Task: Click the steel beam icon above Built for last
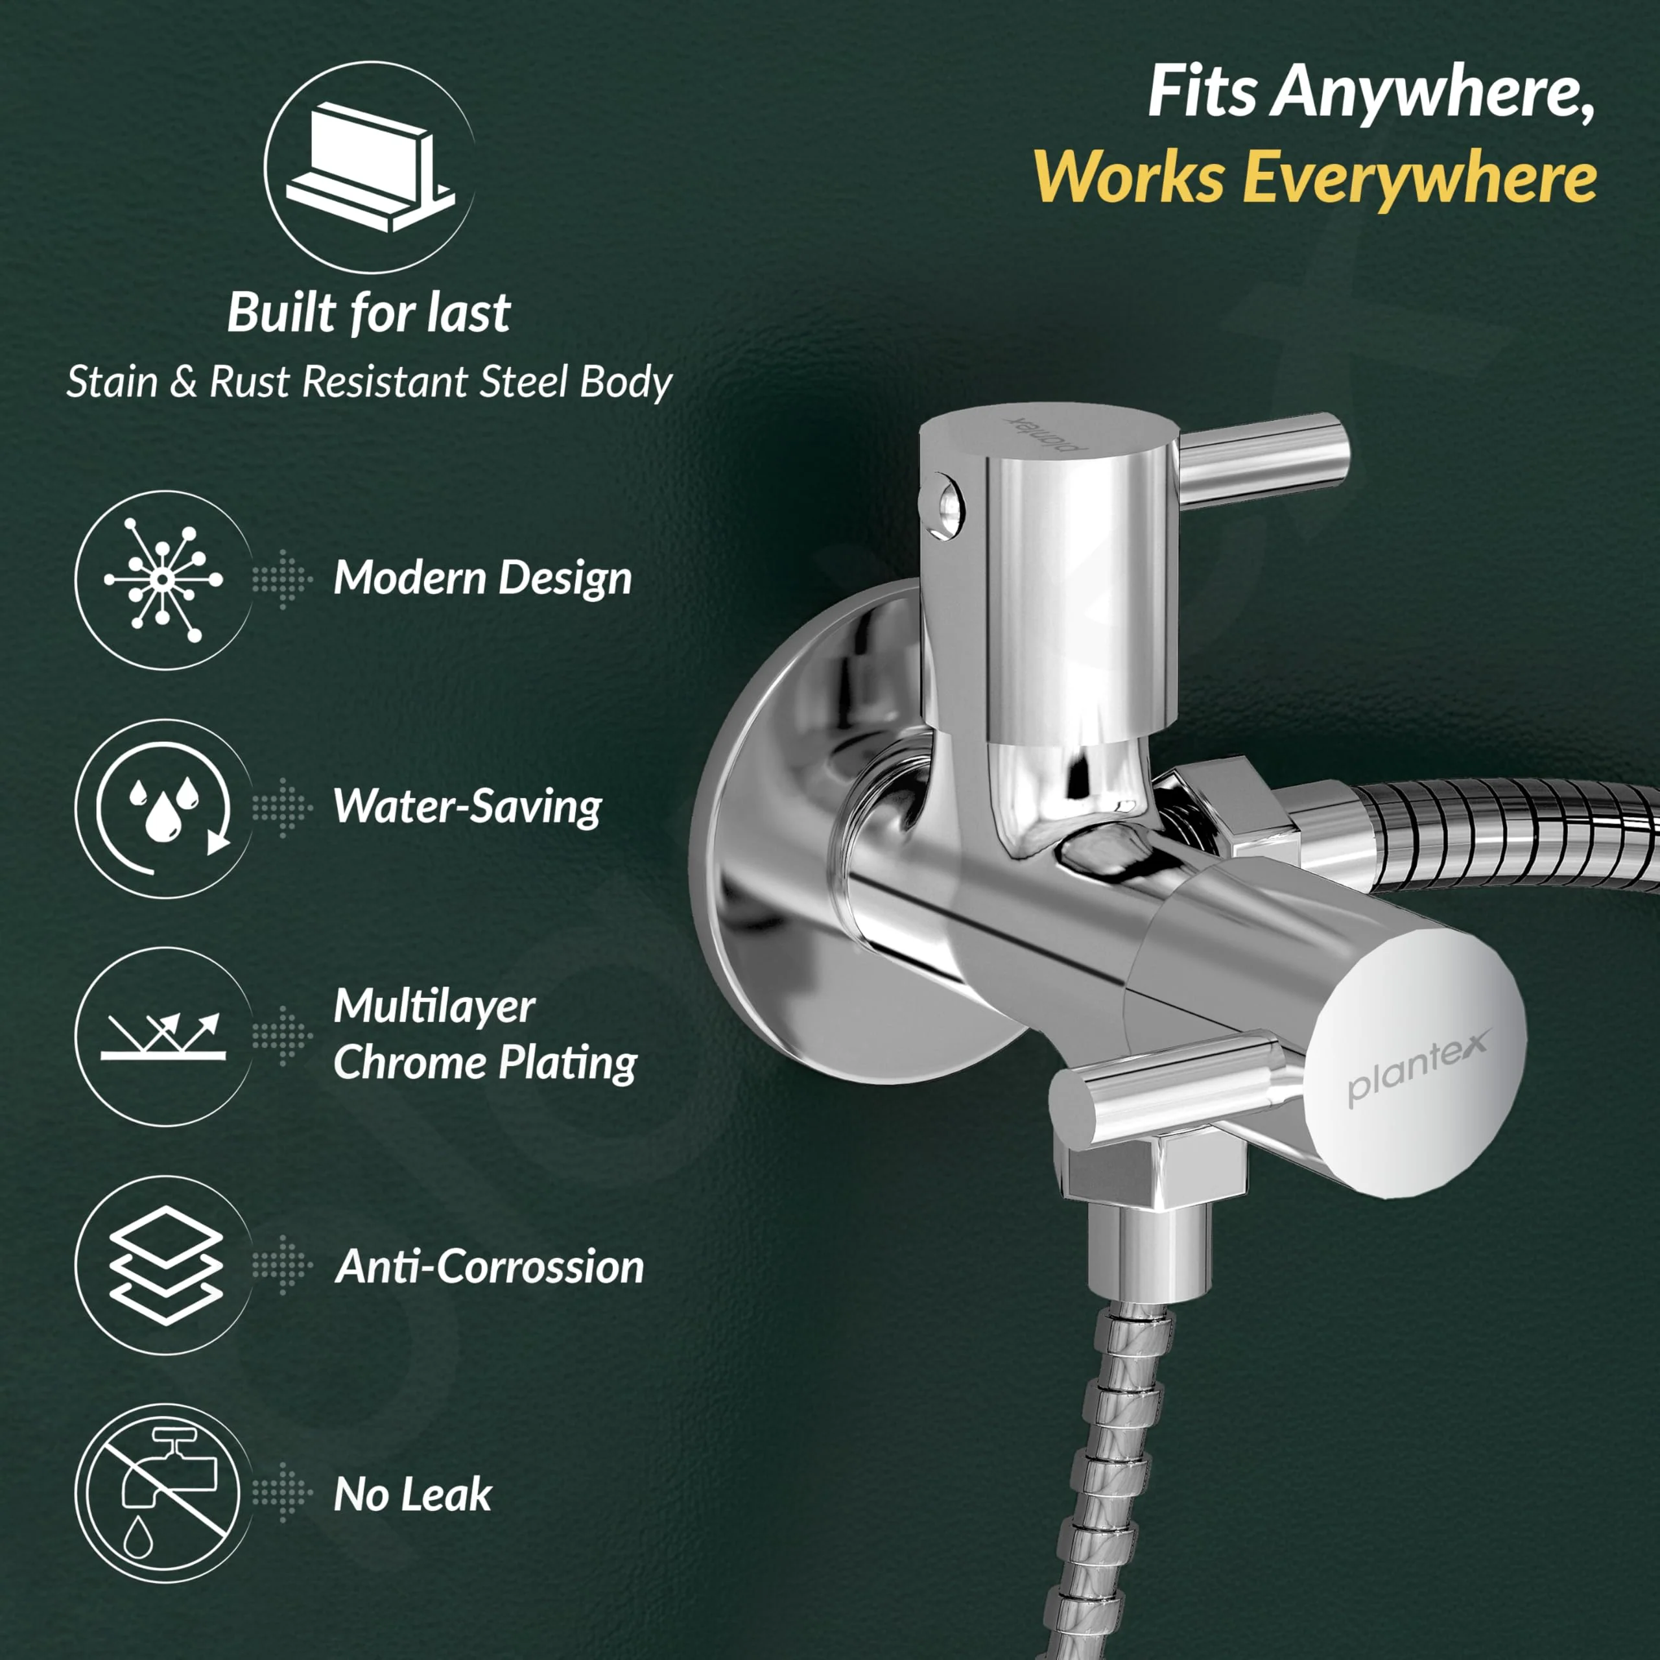(x=370, y=167)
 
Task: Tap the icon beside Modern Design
(x=163, y=580)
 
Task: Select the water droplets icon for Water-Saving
(x=163, y=809)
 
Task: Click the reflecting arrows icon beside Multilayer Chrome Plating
(x=163, y=1037)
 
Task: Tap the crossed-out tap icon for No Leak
(x=163, y=1494)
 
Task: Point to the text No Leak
(x=412, y=1494)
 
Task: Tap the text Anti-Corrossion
(x=490, y=1266)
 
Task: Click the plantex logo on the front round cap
(x=1417, y=1065)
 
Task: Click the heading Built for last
(x=370, y=312)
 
